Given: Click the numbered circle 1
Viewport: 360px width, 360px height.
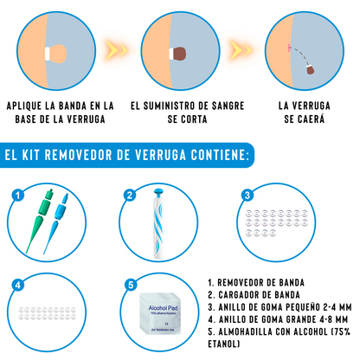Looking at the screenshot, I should click(15, 195).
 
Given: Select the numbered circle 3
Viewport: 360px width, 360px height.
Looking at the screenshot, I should click(247, 195).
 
